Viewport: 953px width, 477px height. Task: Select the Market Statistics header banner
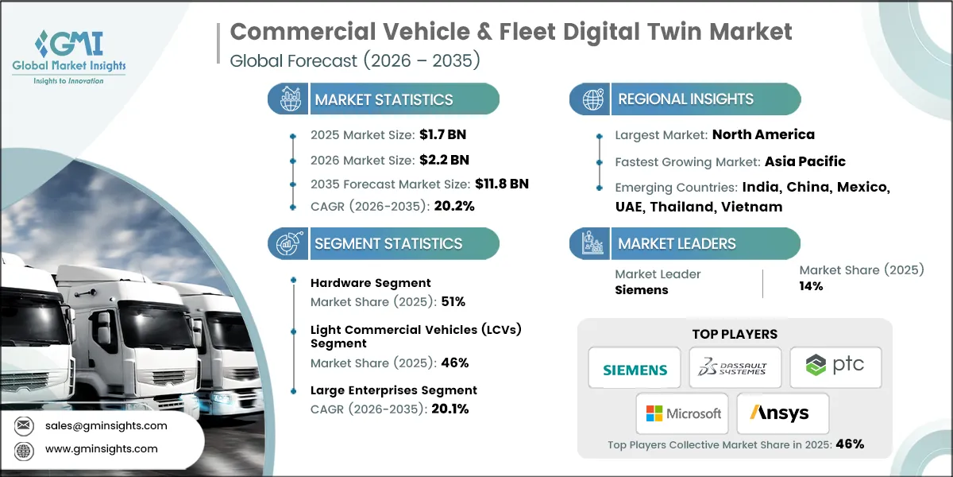384,99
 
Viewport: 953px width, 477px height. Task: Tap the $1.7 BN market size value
438,134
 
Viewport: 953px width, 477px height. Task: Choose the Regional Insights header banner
685,99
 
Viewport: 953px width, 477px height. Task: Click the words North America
763,134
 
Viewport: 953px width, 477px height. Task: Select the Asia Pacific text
804,161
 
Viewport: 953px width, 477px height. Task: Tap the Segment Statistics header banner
384,243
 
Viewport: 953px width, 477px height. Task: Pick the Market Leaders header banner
685,243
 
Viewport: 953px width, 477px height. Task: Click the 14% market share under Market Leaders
811,286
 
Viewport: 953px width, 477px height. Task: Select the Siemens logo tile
635,367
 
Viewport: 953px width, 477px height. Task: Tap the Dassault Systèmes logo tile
735,367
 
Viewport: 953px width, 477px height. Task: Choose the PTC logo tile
835,367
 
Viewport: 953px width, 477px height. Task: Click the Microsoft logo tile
683,413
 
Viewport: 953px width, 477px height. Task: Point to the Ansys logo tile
783,413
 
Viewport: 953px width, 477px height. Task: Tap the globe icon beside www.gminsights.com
25,449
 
